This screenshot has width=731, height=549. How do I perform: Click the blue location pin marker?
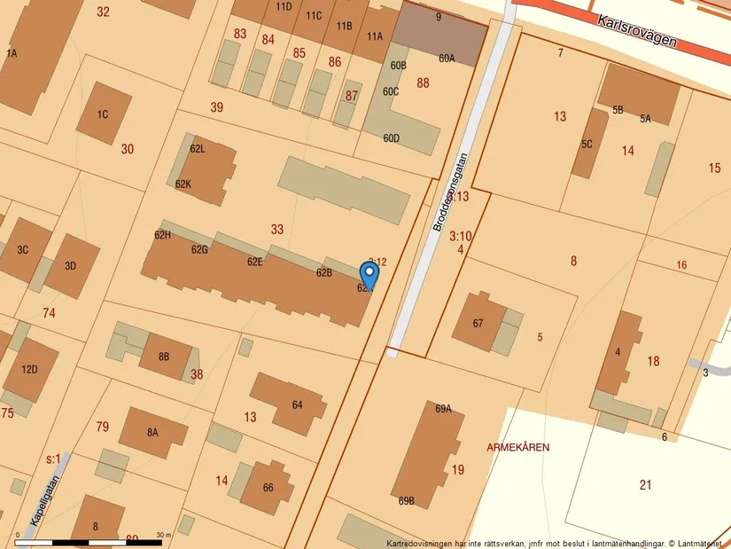[x=369, y=274]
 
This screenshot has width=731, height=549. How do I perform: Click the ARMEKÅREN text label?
[x=517, y=447]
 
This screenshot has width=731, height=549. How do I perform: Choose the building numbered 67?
[x=478, y=323]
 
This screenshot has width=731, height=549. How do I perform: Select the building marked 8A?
[x=152, y=432]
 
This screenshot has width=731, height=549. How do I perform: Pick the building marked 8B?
[x=164, y=357]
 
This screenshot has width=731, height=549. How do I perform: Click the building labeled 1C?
[x=103, y=114]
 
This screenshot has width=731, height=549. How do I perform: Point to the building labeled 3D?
[x=71, y=265]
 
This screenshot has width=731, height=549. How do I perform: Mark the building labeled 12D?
[x=29, y=369]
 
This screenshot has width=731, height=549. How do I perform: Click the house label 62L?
[x=198, y=148]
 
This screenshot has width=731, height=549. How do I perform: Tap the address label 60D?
[x=391, y=137]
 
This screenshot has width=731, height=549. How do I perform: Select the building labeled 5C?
[x=587, y=144]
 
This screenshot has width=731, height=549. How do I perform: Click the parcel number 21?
[x=645, y=484]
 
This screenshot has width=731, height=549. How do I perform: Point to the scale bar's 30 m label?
[x=162, y=535]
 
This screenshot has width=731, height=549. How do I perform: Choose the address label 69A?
[x=443, y=409]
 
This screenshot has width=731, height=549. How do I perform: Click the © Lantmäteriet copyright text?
[x=696, y=543]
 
